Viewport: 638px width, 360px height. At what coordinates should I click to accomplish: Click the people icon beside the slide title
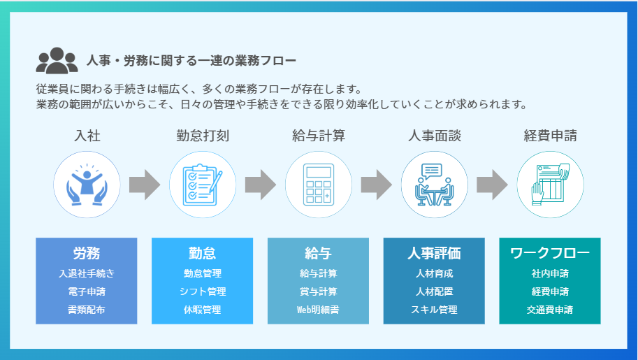(x=57, y=61)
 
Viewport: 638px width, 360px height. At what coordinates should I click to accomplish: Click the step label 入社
(x=87, y=136)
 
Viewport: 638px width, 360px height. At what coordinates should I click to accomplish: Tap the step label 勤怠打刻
(x=203, y=136)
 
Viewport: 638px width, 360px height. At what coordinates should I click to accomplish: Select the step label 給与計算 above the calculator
(x=319, y=136)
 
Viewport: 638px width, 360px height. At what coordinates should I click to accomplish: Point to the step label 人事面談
(x=435, y=136)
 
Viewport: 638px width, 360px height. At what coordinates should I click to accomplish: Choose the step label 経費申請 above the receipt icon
(x=550, y=136)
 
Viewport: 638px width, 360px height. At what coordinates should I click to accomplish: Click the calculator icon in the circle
(x=319, y=185)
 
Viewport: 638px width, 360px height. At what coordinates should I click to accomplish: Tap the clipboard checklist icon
(x=203, y=185)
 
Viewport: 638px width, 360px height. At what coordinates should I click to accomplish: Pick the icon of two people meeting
(x=435, y=185)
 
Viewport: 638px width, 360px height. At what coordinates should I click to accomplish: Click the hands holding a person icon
(x=87, y=185)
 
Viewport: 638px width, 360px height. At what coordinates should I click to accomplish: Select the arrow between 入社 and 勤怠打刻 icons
(x=145, y=185)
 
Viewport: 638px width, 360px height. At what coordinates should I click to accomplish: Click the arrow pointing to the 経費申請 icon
(x=492, y=185)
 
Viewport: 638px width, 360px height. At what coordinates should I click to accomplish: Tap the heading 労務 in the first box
(x=87, y=253)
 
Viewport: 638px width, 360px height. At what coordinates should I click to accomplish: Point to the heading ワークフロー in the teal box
(x=550, y=253)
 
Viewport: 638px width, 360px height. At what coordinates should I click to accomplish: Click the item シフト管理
(x=203, y=291)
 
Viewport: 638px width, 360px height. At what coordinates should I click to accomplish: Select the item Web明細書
(x=318, y=310)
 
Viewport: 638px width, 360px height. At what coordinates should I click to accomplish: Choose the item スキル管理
(x=434, y=310)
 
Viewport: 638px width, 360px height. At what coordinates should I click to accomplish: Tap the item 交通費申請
(x=550, y=310)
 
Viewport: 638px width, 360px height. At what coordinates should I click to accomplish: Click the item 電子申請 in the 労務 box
(x=87, y=291)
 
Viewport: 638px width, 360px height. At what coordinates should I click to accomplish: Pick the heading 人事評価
(x=434, y=253)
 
